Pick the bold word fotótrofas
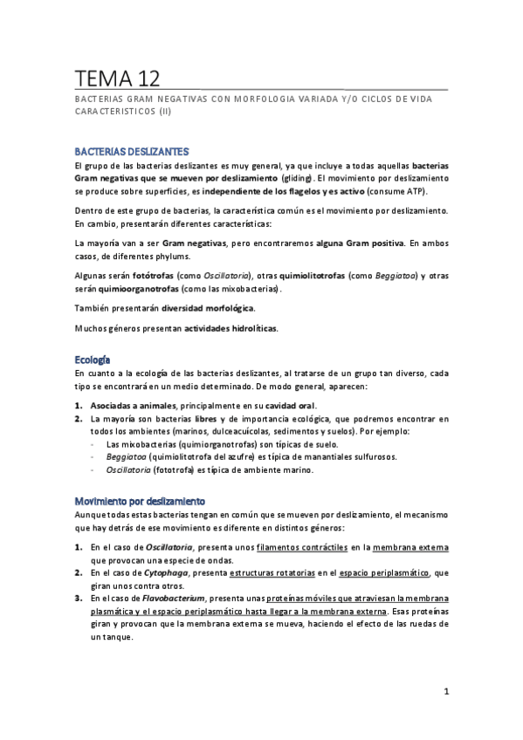click(152, 276)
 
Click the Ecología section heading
click(93, 359)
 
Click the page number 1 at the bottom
click(445, 692)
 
